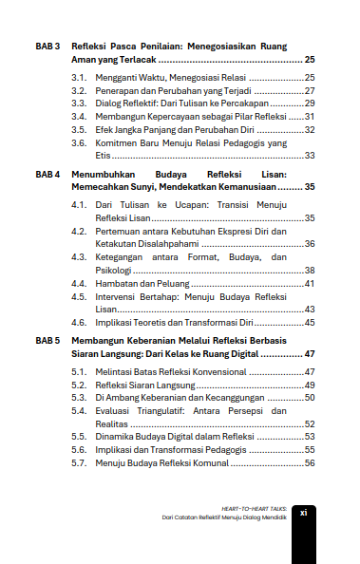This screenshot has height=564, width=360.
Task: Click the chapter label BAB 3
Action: tap(47, 46)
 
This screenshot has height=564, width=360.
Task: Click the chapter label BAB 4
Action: tap(47, 176)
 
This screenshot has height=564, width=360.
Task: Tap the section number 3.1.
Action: tap(79, 76)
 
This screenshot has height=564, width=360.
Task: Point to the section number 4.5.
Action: tap(79, 296)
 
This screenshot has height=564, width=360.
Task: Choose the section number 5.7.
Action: tap(79, 462)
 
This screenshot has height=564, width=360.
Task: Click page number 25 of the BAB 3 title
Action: tap(310, 59)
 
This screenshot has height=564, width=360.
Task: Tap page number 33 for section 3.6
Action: tap(310, 155)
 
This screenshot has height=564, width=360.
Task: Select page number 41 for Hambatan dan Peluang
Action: tap(310, 283)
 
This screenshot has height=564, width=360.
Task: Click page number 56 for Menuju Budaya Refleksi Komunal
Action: tap(310, 462)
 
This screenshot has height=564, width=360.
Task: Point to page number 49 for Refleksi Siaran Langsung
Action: tap(310, 385)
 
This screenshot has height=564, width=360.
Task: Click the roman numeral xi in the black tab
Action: tap(304, 512)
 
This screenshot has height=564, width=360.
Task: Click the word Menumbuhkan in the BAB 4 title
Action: tap(104, 176)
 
